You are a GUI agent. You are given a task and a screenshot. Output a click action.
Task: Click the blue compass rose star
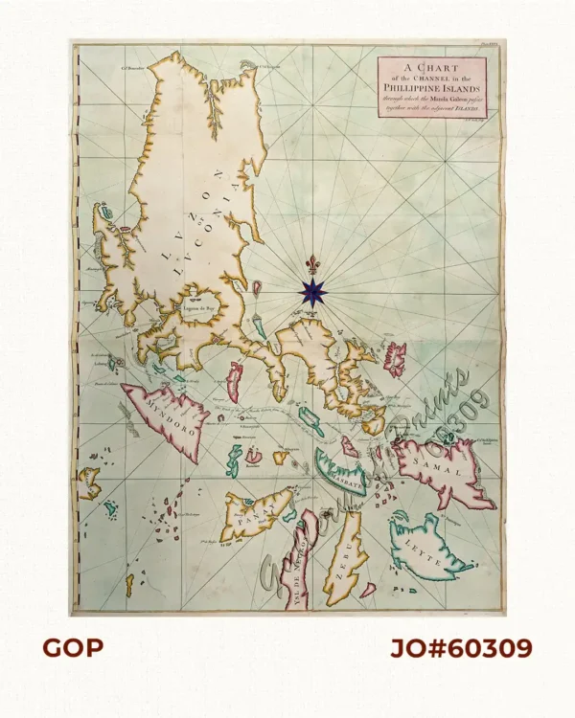coord(312,291)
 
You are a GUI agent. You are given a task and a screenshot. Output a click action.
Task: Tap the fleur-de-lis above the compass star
coord(312,263)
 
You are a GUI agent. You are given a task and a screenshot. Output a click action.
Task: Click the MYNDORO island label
coord(169,410)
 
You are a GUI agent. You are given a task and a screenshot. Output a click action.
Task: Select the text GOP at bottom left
coord(72,648)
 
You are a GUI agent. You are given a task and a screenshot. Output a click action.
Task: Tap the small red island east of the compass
coord(394,359)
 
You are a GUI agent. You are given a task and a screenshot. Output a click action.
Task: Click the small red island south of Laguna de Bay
coord(233,380)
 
